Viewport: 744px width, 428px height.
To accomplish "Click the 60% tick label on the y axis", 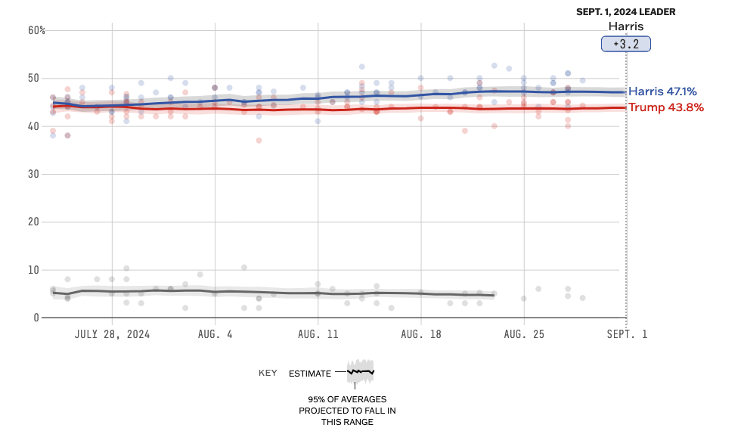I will pyautogui.click(x=37, y=30).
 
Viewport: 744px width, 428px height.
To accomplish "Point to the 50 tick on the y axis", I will pyautogui.click(x=34, y=78).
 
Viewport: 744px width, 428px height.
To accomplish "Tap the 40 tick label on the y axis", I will pyautogui.click(x=34, y=126).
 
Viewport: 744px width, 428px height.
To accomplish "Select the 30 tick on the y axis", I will pyautogui.click(x=34, y=174).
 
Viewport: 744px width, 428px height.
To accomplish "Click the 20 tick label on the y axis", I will pyautogui.click(x=34, y=222).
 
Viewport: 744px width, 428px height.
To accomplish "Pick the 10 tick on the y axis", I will pyautogui.click(x=34, y=270).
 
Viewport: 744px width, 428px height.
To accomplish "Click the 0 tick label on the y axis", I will pyautogui.click(x=36, y=318).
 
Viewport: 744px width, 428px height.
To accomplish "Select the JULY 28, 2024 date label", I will pyautogui.click(x=112, y=334).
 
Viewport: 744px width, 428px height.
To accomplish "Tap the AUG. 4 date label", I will pyautogui.click(x=215, y=334).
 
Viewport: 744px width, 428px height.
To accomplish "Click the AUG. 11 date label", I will pyautogui.click(x=318, y=334).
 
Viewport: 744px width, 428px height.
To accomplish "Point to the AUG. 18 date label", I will pyautogui.click(x=420, y=334).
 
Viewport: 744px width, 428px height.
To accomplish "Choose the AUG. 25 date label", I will pyautogui.click(x=523, y=334).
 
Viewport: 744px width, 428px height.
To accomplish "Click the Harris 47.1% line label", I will pyautogui.click(x=662, y=91).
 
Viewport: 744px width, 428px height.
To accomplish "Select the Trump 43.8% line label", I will pyautogui.click(x=666, y=107).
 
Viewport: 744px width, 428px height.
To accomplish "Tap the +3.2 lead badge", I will pyautogui.click(x=626, y=45).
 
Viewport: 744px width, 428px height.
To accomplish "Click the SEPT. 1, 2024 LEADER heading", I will pyautogui.click(x=626, y=12).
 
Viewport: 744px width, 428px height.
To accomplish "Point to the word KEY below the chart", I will pyautogui.click(x=268, y=373).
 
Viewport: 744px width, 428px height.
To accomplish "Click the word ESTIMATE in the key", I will pyautogui.click(x=310, y=373).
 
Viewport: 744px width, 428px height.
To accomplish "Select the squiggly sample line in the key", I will pyautogui.click(x=361, y=371).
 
